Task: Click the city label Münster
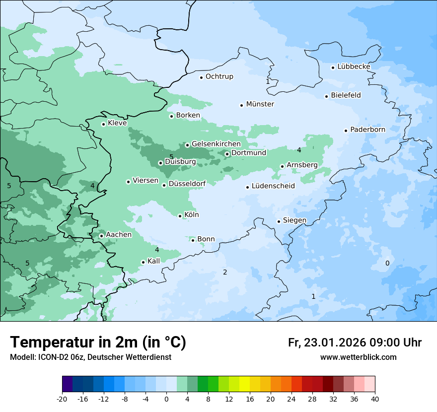coord(260,104)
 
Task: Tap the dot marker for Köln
coord(180,216)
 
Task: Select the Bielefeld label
coord(346,95)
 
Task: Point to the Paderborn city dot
coord(346,131)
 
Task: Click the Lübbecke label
coord(354,67)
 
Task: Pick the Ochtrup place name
coord(219,76)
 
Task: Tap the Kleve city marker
coord(103,124)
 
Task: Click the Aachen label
coord(119,235)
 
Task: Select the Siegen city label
coord(294,220)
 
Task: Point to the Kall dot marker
coord(143,262)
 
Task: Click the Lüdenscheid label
coord(273,186)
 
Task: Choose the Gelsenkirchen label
coord(216,144)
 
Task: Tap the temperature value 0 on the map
coord(387,263)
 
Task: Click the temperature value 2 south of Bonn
coord(225,272)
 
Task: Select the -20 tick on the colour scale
coord(62,399)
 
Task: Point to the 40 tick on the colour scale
coord(375,399)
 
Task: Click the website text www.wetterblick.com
coord(358,357)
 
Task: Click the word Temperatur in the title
coord(48,343)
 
